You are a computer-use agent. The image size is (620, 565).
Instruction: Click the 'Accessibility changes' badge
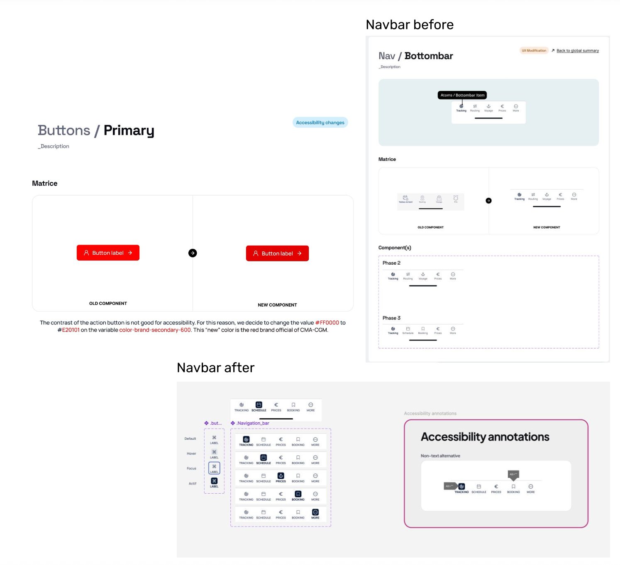[320, 122]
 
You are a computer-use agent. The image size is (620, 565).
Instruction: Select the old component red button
[108, 253]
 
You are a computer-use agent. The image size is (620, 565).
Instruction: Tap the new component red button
[277, 253]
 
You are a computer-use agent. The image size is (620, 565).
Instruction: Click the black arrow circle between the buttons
[193, 253]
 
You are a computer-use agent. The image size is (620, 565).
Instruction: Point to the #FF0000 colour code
[327, 323]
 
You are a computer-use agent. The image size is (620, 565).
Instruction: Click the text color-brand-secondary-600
[155, 330]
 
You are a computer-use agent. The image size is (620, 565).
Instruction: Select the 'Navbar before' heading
[410, 25]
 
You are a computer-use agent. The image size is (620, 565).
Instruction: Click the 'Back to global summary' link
[577, 51]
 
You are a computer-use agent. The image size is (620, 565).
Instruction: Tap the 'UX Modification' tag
[534, 51]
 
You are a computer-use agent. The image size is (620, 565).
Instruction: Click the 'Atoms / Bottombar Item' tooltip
[462, 95]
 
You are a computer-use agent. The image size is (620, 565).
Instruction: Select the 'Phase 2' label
[391, 263]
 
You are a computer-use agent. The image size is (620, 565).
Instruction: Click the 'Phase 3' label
[391, 318]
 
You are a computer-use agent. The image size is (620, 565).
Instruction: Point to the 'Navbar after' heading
[215, 368]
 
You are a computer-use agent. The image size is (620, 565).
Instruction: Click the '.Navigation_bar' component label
[253, 423]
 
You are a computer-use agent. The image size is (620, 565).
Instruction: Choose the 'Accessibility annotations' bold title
[485, 437]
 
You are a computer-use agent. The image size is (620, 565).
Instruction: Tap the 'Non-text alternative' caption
[440, 456]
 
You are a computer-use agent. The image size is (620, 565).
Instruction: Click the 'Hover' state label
[191, 453]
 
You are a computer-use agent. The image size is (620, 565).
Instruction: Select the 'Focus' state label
[191, 468]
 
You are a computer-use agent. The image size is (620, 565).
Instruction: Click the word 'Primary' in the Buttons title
[129, 131]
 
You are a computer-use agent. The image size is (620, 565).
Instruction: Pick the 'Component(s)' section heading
[395, 248]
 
